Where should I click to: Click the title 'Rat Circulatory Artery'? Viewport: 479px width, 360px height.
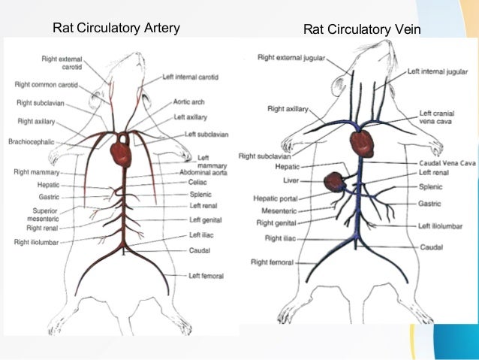(x=116, y=29)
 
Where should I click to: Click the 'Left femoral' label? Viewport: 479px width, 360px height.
(x=206, y=276)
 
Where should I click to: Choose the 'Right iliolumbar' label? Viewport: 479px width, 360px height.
(x=36, y=242)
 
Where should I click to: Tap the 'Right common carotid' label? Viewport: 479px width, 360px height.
(x=47, y=85)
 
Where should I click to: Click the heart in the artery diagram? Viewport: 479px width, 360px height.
(x=122, y=153)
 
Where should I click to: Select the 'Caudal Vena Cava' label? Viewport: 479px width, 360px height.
(x=447, y=162)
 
